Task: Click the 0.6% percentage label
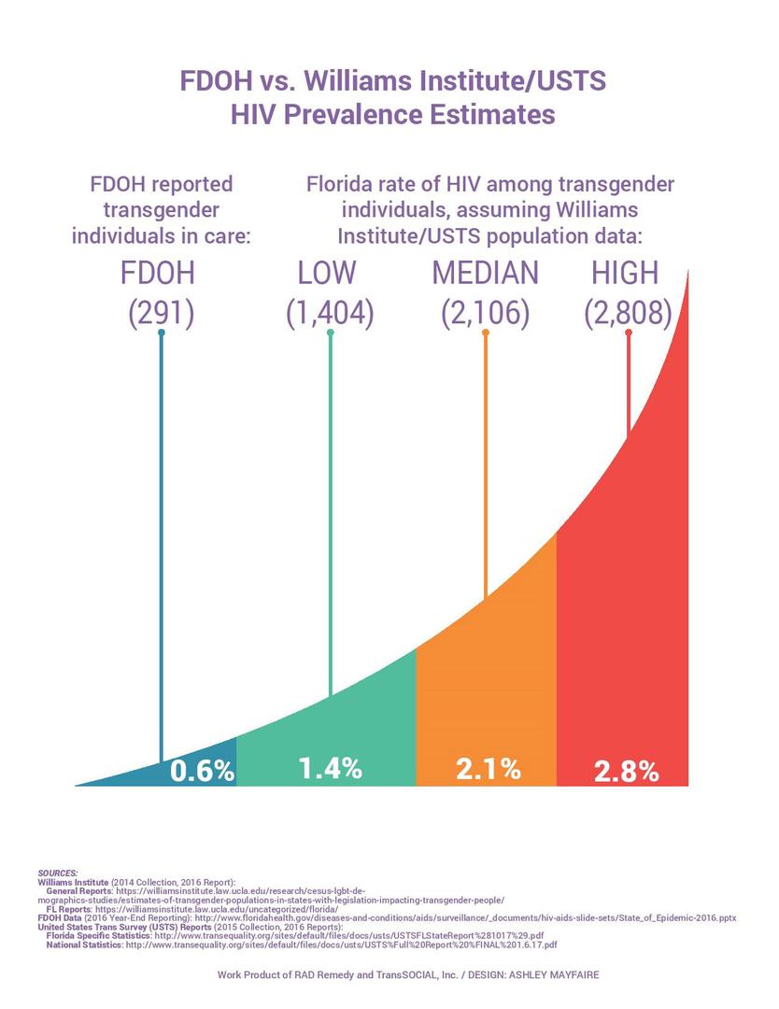[201, 771]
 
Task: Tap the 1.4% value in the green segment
[330, 768]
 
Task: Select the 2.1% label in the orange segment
[488, 769]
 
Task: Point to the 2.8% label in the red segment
[627, 772]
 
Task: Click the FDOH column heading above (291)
[161, 273]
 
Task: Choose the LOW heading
[327, 273]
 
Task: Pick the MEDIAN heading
[485, 273]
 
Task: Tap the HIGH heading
[625, 273]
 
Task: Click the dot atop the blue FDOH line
[162, 333]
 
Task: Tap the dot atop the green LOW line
[330, 333]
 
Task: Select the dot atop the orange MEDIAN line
[486, 333]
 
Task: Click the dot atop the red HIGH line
[628, 333]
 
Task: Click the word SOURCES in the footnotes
[58, 873]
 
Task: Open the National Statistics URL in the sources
[341, 945]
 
